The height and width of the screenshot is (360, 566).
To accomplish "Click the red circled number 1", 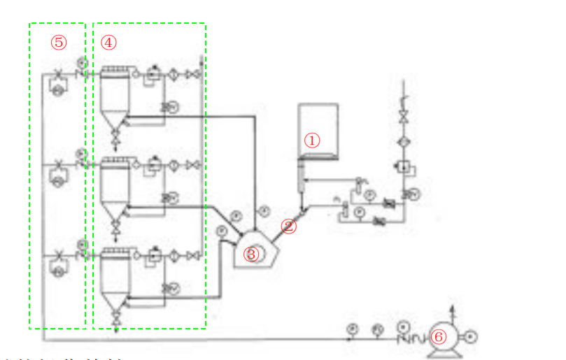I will [x=311, y=140].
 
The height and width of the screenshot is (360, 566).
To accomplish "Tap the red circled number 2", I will [x=289, y=226].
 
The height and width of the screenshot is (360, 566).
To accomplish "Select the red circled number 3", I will [x=251, y=254].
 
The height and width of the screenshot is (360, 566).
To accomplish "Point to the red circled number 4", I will [x=108, y=42].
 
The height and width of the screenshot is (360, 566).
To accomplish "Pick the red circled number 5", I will [x=58, y=42].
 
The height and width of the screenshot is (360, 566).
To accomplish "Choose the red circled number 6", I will [x=439, y=337].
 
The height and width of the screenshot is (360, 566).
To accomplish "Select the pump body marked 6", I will [x=448, y=338].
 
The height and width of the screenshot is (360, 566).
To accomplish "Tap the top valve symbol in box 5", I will [x=58, y=73].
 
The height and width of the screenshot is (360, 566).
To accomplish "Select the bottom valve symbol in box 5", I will [x=58, y=256].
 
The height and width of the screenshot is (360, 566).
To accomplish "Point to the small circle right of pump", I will [x=471, y=337].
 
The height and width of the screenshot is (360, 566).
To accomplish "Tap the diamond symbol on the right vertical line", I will [x=404, y=142].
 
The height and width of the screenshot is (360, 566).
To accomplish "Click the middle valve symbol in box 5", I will [x=58, y=165].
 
